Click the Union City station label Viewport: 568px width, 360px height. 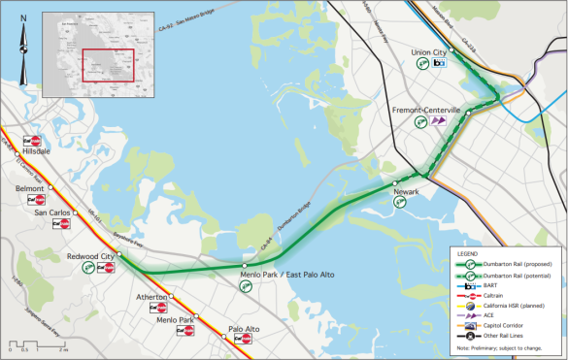click(x=428, y=51)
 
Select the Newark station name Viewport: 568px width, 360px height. click(x=406, y=192)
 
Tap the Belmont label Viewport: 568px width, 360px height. click(x=30, y=189)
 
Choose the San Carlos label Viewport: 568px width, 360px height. click(x=52, y=212)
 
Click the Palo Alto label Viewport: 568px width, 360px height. click(x=244, y=329)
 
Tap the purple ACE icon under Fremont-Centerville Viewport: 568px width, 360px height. click(x=440, y=121)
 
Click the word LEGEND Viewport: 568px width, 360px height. click(x=468, y=254)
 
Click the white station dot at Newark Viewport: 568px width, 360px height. click(x=395, y=182)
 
